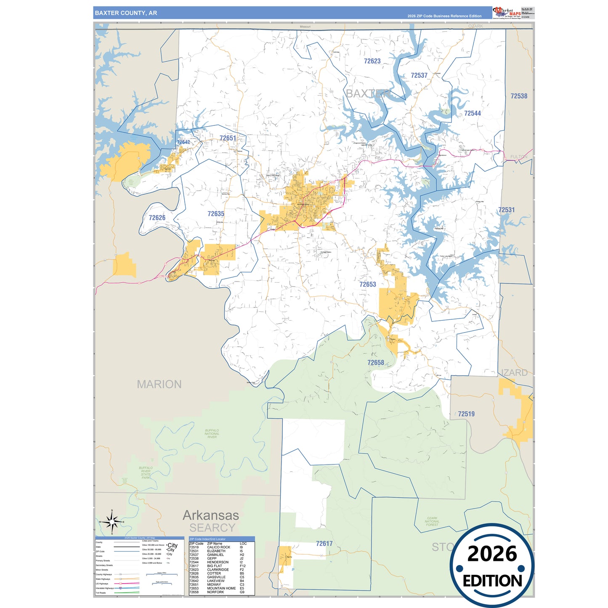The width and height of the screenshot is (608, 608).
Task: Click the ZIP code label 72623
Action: point(372,61)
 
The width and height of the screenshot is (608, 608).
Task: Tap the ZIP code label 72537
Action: point(419,75)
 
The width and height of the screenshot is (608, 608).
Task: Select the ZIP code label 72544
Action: point(472,113)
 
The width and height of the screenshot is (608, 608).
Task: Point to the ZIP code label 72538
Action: point(518,96)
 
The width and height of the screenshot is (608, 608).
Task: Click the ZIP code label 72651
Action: point(228,138)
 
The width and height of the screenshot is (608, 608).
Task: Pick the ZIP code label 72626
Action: point(157,218)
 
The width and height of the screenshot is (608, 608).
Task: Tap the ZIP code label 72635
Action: point(216,214)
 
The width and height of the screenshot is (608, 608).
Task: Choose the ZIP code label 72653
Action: point(367,284)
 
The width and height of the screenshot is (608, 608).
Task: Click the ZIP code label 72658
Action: point(375,363)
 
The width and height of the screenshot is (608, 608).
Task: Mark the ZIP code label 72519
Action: point(466,414)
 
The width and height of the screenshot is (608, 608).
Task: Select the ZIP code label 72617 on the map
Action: point(324,544)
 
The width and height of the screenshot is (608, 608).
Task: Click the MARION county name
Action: point(159,384)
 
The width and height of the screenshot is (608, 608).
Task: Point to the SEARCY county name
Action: point(212,528)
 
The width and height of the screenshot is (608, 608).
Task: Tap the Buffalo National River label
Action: point(212,434)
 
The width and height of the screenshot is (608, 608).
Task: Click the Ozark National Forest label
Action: point(432,521)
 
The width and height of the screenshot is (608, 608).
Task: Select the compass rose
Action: point(112,522)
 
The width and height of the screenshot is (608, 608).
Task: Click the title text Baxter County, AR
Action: point(126,13)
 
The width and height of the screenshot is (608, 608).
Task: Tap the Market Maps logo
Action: point(507,13)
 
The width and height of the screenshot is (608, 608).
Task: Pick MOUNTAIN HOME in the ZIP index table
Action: point(221,588)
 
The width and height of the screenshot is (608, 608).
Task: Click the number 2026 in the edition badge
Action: point(492,554)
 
